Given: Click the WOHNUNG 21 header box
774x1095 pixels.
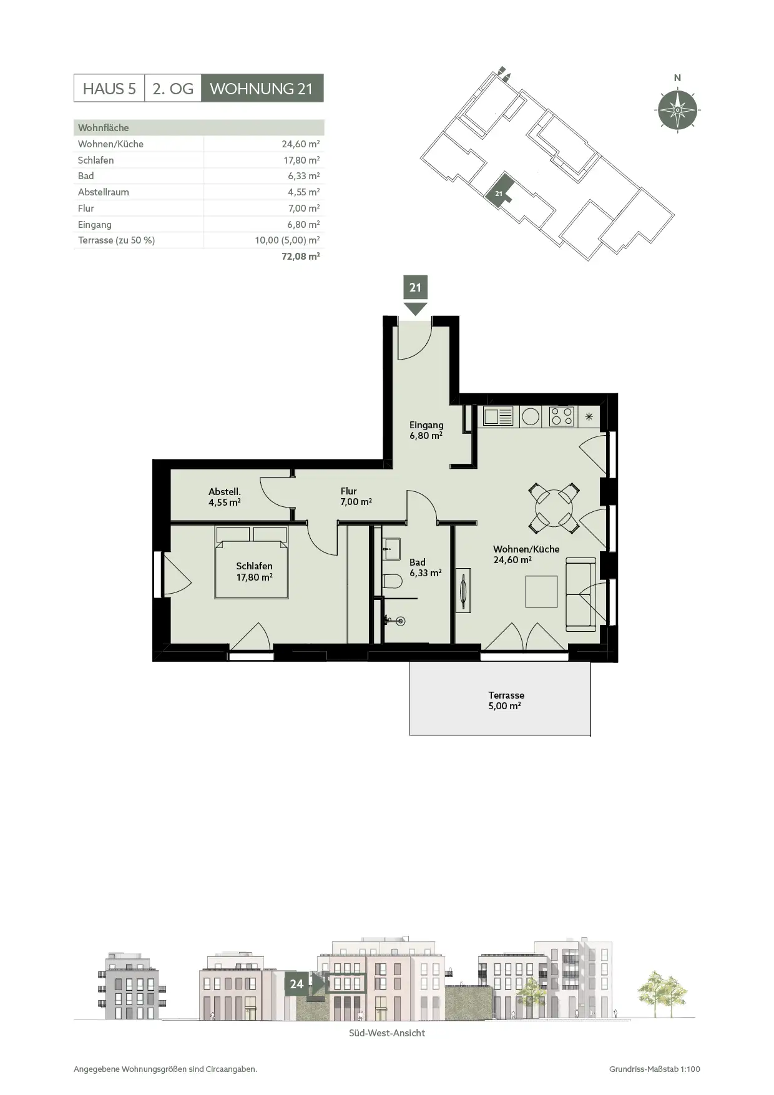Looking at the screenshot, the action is click(x=262, y=88).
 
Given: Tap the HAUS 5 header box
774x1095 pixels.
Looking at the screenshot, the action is click(x=109, y=88).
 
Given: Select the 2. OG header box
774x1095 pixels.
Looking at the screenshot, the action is click(x=173, y=88).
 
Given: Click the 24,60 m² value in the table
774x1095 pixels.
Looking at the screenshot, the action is click(x=301, y=144).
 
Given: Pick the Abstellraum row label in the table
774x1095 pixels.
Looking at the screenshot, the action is click(x=104, y=192).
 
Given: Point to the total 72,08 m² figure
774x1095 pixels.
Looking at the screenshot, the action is click(x=301, y=256).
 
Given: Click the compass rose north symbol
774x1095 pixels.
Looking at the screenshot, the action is click(x=677, y=110).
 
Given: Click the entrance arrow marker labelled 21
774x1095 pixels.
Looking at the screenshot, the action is click(x=416, y=295).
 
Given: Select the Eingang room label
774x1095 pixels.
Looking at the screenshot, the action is click(x=426, y=430).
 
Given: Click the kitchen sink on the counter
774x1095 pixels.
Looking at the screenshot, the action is click(x=498, y=416).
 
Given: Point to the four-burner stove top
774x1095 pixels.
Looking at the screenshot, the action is click(x=561, y=416).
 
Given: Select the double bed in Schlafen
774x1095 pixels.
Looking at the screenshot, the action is click(x=252, y=562).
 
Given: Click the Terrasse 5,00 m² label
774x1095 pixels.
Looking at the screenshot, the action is click(x=506, y=700).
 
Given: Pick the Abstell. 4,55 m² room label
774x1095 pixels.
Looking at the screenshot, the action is click(x=225, y=497).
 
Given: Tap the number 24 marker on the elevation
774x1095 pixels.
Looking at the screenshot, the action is click(x=296, y=984).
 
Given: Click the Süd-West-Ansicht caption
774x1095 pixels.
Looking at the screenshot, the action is click(x=387, y=1033).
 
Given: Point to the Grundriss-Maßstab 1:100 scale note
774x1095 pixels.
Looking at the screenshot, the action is click(x=655, y=1069).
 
